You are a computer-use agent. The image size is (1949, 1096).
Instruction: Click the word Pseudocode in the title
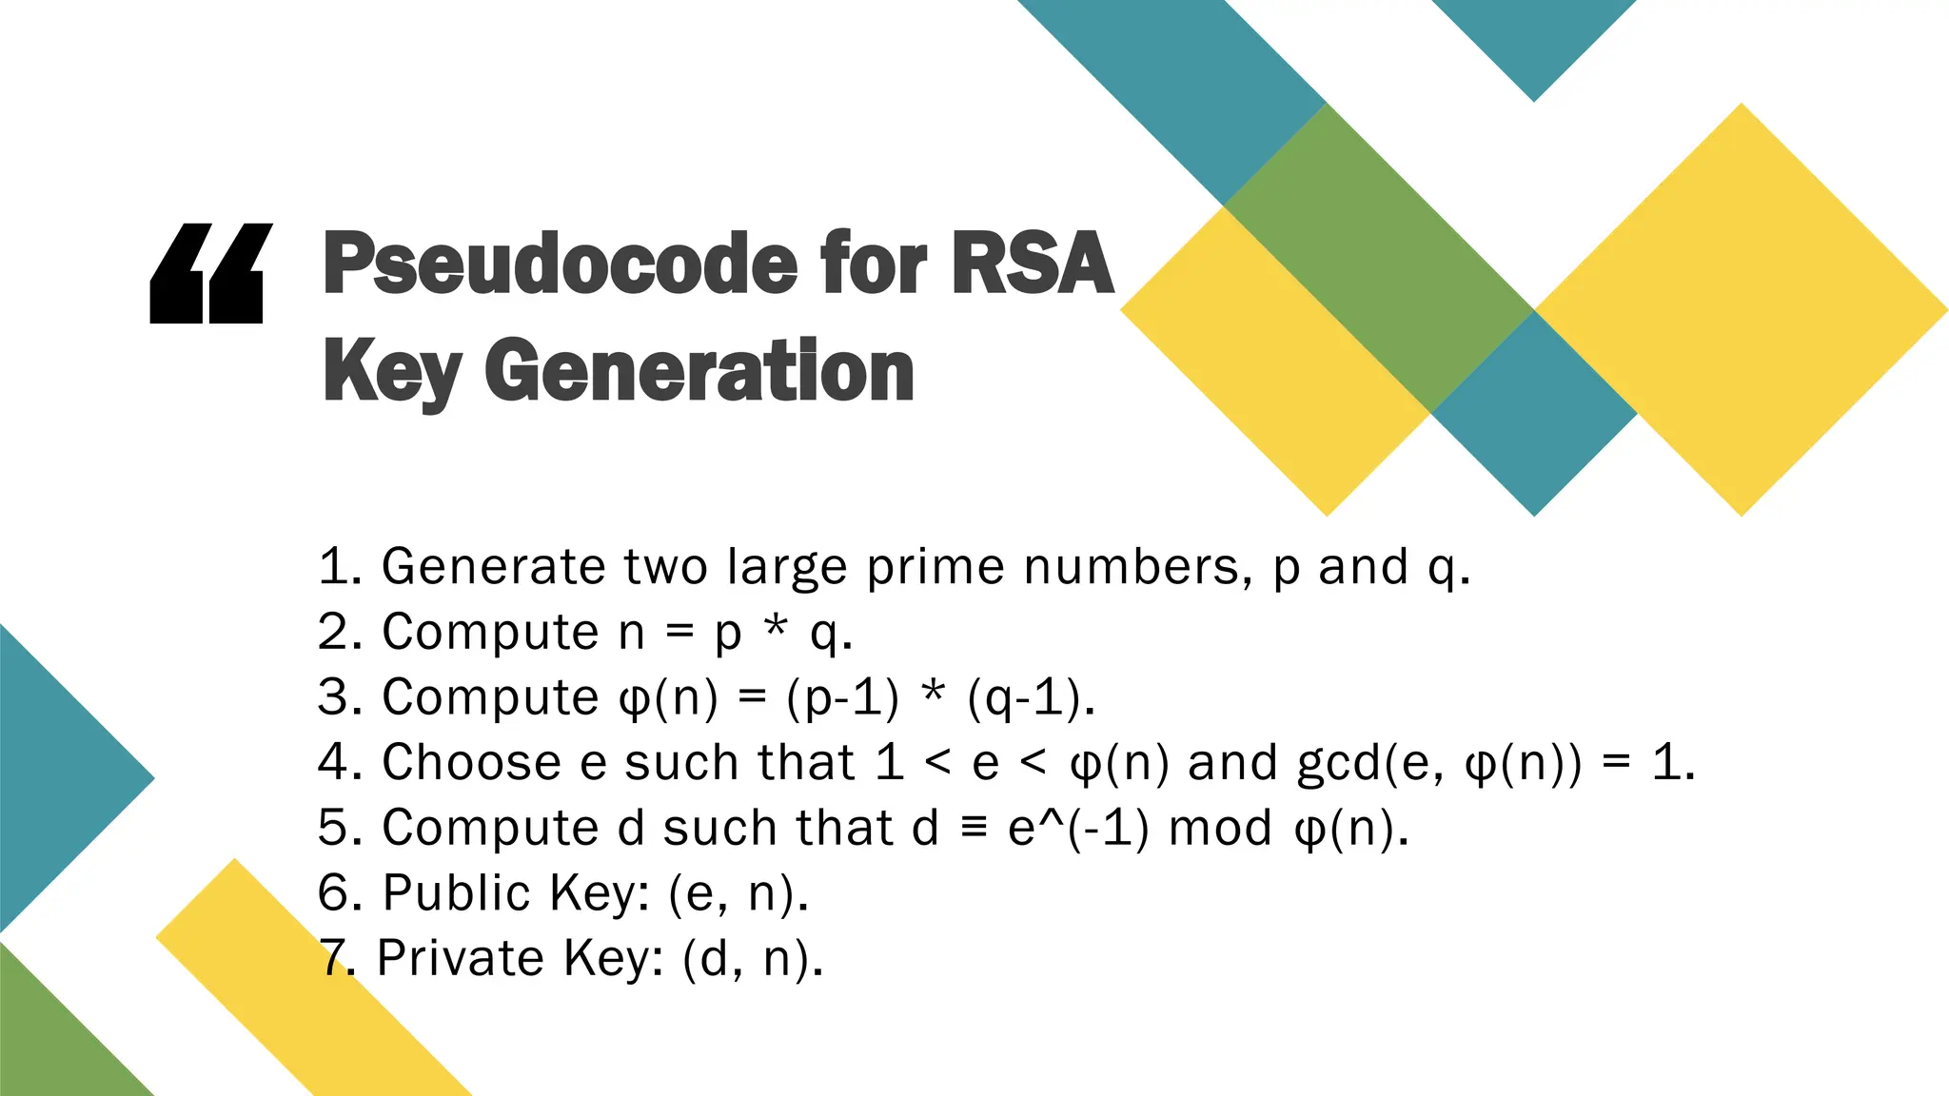[561, 264]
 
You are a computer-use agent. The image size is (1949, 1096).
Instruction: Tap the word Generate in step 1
[493, 567]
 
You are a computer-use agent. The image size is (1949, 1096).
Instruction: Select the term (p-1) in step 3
[842, 697]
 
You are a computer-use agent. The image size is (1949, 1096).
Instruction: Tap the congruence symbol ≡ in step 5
[973, 827]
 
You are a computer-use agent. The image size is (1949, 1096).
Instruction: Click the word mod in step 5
[1220, 828]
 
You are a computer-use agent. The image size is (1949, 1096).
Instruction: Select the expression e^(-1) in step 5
[1077, 828]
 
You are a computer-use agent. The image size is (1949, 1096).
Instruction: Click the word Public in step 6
[456, 893]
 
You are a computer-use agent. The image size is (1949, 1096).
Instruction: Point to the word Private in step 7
[460, 958]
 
